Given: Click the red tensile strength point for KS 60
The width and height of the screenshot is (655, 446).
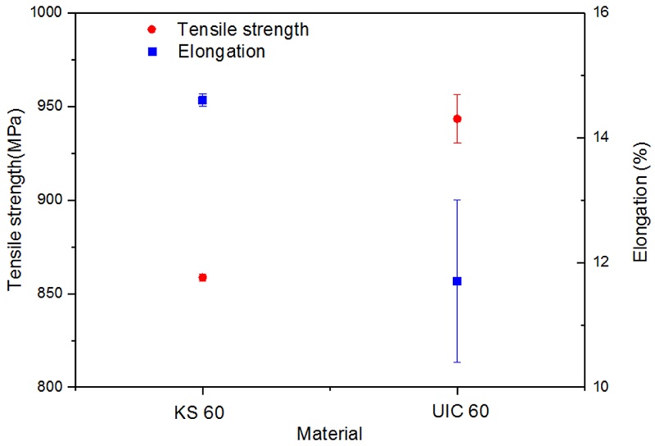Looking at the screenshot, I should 203,277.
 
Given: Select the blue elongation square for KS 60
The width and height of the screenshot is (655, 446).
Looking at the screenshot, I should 203,100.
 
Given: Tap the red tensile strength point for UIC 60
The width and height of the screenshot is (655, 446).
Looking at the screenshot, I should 457,119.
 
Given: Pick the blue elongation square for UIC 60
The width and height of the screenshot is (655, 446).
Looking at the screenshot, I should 457,281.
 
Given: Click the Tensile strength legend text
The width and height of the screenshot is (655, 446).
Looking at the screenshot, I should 243,30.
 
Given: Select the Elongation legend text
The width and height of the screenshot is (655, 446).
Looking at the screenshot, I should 221,52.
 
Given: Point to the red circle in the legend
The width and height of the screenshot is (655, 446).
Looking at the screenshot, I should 151,30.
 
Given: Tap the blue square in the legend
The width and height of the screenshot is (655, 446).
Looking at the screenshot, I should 151,52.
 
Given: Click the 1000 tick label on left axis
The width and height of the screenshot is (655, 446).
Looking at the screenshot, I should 52,13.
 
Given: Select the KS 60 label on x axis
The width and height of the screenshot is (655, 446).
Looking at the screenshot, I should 203,411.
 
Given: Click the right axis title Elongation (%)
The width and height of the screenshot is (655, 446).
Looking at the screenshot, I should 640,200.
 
